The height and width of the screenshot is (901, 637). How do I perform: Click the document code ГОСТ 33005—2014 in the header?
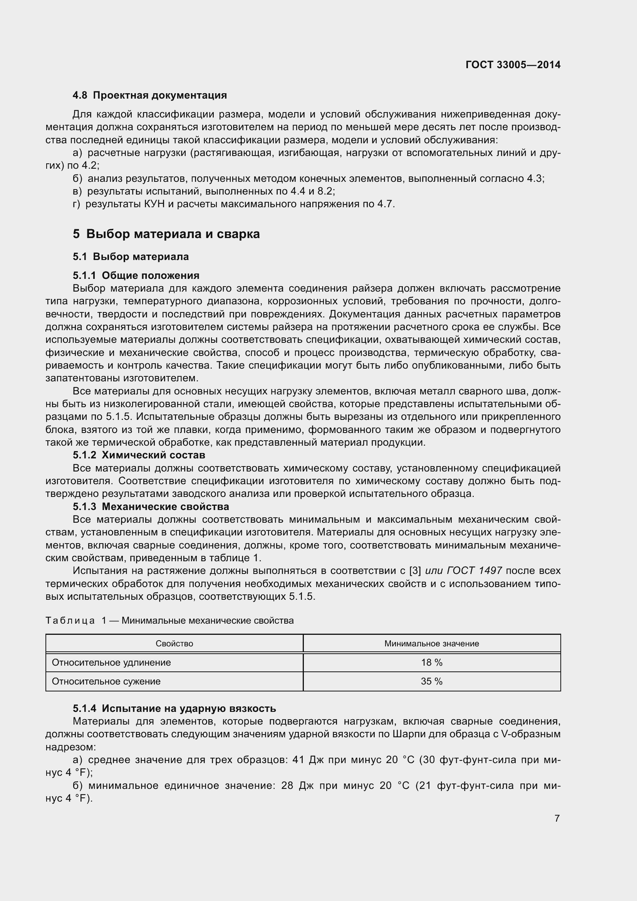[x=513, y=65]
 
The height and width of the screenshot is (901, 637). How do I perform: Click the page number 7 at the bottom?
[x=557, y=818]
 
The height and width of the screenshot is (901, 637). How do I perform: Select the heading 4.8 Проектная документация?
[x=149, y=96]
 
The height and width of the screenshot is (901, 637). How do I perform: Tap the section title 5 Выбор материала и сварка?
[x=166, y=234]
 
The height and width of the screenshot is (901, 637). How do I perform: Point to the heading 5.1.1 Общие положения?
[x=136, y=275]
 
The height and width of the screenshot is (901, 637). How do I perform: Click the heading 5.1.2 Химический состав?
[x=139, y=455]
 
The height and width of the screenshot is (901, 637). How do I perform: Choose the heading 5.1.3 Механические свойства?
[x=151, y=507]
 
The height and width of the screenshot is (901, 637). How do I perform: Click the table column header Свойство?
[x=174, y=644]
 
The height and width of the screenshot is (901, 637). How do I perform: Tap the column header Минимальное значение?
[x=431, y=644]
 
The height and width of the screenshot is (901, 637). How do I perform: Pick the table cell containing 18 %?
[x=431, y=663]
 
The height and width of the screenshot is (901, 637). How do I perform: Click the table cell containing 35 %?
[x=431, y=681]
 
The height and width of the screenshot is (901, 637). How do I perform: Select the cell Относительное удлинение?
[x=111, y=663]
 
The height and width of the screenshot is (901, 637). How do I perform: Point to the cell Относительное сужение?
[x=106, y=681]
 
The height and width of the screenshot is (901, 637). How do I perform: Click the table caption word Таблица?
[x=70, y=621]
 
